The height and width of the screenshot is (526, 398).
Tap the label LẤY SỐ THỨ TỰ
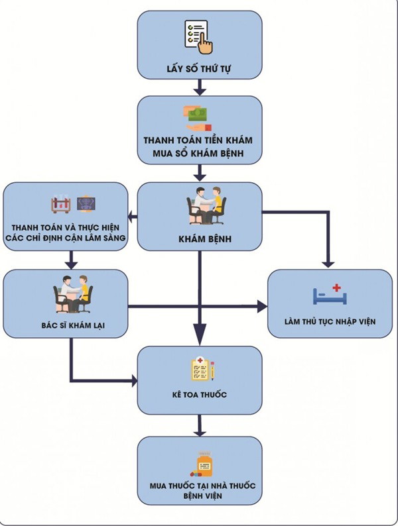pos(199,69)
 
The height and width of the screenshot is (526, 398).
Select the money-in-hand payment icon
pos(198,117)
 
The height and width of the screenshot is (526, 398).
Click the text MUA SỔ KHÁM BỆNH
pos(199,155)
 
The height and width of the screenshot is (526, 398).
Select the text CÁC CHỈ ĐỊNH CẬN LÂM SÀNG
pos(66,237)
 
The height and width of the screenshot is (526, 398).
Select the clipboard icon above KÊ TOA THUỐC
pos(204,369)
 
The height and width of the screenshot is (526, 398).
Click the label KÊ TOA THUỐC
pos(199,395)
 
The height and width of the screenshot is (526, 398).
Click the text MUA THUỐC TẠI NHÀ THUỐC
pos(200,486)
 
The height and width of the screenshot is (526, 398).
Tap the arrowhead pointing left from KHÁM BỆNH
pos(132,215)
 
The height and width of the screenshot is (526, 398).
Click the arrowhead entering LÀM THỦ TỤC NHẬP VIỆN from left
pos(263,307)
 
